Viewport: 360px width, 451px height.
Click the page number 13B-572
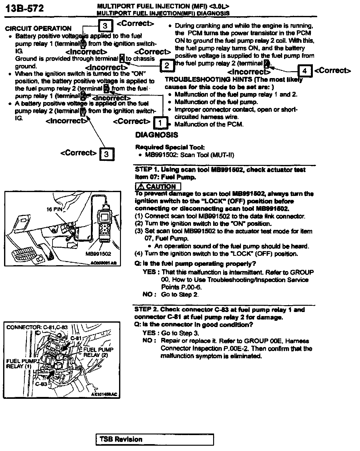click(24, 8)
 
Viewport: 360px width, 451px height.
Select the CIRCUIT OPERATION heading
click(38, 28)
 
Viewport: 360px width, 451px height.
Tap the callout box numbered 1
click(160, 123)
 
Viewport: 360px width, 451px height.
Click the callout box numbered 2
click(167, 65)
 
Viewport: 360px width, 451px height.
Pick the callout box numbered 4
click(304, 71)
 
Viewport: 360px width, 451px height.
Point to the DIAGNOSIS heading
click(157, 135)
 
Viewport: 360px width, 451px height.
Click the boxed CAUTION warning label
click(158, 187)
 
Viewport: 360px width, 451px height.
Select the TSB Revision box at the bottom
click(155, 440)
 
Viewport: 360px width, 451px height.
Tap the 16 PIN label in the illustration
click(55, 209)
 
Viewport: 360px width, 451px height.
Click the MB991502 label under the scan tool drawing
click(98, 254)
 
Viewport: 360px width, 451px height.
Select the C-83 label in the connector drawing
click(41, 384)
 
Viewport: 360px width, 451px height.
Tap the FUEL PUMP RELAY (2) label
click(98, 352)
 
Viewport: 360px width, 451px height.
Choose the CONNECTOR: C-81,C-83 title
click(37, 327)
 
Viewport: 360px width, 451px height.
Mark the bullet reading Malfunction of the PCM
click(209, 124)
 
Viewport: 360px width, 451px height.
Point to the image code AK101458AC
click(104, 394)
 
